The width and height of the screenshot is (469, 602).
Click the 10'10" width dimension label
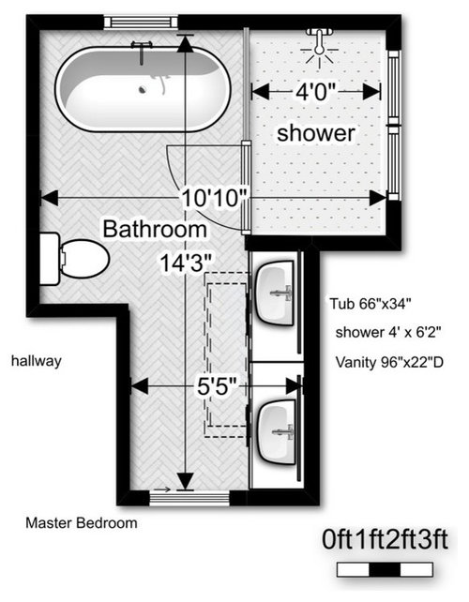tap(215, 199)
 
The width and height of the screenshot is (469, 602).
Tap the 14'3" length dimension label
tap(186, 263)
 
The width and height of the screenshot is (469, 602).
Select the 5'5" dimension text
tap(217, 386)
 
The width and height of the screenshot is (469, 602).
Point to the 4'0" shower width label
tap(316, 92)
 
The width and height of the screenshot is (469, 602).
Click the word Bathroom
tap(155, 229)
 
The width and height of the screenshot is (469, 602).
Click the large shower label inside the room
tap(316, 133)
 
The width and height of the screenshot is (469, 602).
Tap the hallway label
tap(37, 361)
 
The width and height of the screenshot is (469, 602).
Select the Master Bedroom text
tap(82, 523)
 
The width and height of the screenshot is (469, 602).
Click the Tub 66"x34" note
tap(371, 304)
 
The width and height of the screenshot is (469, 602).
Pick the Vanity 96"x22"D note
tap(389, 362)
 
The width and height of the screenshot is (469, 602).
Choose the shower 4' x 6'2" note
tap(388, 332)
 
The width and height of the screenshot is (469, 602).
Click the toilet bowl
tap(85, 259)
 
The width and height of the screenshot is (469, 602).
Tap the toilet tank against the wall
tap(50, 259)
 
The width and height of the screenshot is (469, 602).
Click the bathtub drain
tap(143, 90)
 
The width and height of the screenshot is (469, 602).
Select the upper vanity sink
tap(275, 293)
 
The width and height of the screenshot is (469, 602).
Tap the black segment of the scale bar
tap(385, 570)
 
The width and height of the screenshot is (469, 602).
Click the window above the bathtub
tap(141, 22)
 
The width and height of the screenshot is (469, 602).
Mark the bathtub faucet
tap(142, 51)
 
